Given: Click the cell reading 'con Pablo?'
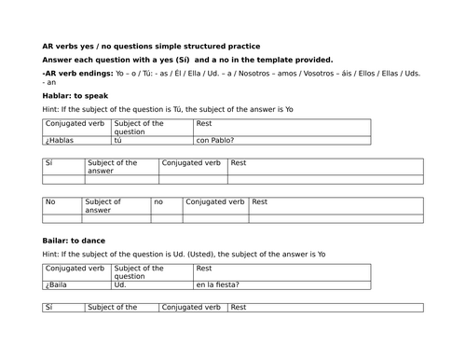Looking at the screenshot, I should (215, 141).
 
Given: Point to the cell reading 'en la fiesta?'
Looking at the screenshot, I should (218, 284).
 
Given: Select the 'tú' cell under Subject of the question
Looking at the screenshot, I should (118, 141).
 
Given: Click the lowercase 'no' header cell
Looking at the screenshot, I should (158, 201).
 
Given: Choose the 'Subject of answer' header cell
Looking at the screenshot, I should (103, 205).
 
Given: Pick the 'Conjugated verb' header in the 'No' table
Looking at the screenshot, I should (215, 201).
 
